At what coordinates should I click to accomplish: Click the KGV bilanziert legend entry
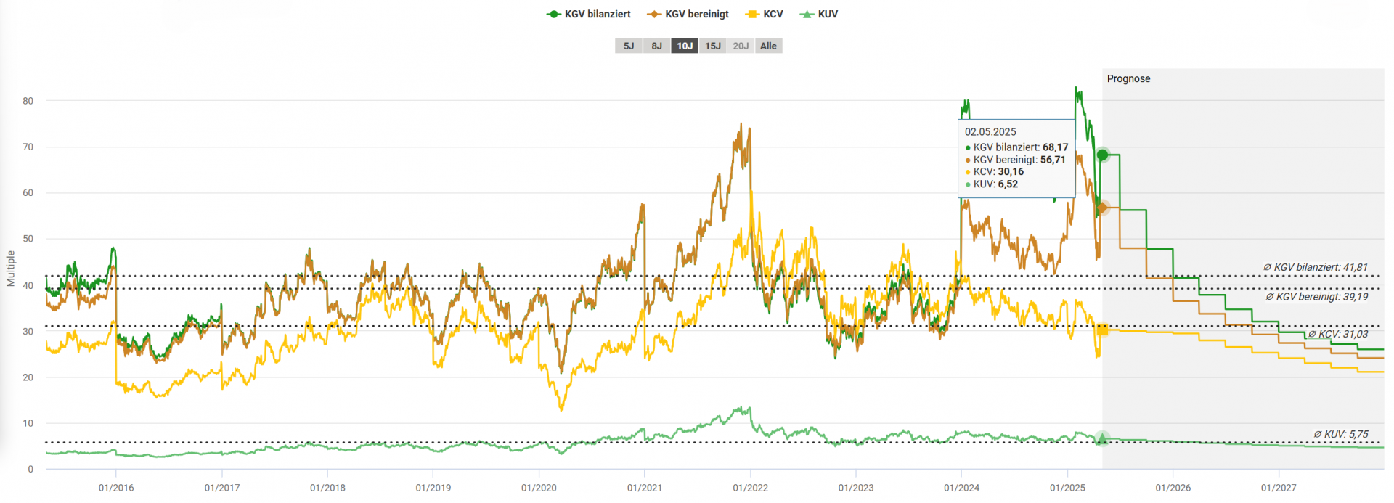[589, 14]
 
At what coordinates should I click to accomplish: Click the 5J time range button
[629, 46]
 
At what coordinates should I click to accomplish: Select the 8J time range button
[656, 46]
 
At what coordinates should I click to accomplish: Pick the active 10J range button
[685, 46]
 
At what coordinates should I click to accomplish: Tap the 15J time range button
[713, 46]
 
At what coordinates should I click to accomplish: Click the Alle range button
[768, 46]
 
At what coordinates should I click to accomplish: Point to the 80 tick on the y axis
[28, 101]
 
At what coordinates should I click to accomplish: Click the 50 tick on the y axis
[28, 239]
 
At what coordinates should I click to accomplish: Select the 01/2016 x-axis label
[116, 488]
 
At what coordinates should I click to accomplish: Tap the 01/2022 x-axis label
[750, 488]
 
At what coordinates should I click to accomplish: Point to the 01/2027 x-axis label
[1279, 488]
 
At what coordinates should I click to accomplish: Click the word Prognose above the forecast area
[1128, 78]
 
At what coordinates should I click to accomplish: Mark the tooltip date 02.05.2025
[990, 131]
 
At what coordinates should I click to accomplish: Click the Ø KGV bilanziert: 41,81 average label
[1315, 267]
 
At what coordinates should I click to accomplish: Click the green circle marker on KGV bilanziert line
[1102, 155]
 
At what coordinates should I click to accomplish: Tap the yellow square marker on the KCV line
[1102, 330]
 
